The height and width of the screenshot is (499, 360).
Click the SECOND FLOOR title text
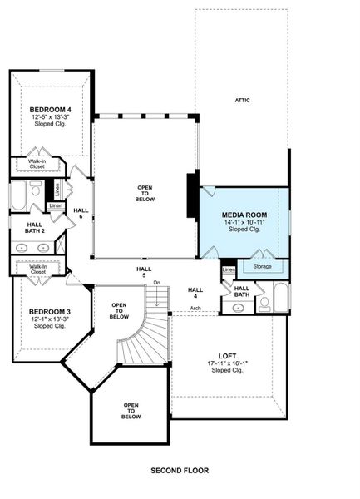(x=180, y=470)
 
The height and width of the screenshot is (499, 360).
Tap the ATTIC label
(x=244, y=100)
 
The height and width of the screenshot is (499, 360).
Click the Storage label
(x=262, y=268)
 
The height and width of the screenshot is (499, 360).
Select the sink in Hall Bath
(x=239, y=307)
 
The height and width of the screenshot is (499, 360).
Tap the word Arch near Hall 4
(x=195, y=308)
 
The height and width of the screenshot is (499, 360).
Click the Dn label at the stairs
(x=156, y=284)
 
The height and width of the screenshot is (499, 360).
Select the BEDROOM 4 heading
(x=50, y=110)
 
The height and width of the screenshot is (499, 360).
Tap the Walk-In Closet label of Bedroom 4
(x=37, y=164)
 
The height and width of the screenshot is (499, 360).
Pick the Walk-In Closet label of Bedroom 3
(x=37, y=269)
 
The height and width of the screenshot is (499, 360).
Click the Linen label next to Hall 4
(x=228, y=269)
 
